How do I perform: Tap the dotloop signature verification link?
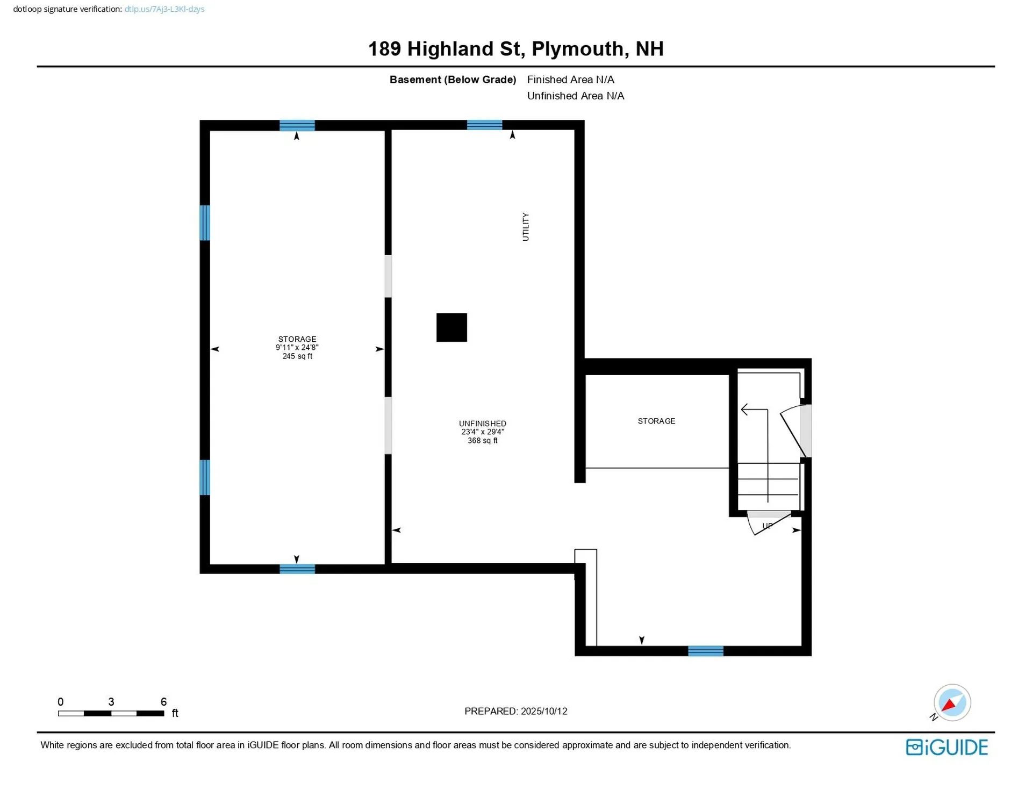pyautogui.click(x=164, y=9)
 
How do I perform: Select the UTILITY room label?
pyautogui.click(x=526, y=227)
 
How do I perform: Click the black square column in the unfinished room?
pyautogui.click(x=451, y=327)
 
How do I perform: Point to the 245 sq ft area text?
pyautogui.click(x=297, y=356)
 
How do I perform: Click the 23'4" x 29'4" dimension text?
pyautogui.click(x=482, y=432)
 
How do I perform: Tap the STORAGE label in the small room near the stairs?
pyautogui.click(x=656, y=421)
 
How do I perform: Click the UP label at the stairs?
pyautogui.click(x=767, y=526)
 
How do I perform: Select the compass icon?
pyautogui.click(x=951, y=702)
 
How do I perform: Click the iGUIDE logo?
pyautogui.click(x=947, y=747)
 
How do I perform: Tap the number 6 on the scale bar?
pyautogui.click(x=163, y=701)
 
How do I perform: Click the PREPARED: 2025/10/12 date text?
pyautogui.click(x=515, y=711)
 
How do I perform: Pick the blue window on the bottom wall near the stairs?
pyautogui.click(x=705, y=651)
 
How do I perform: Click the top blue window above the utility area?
pyautogui.click(x=484, y=125)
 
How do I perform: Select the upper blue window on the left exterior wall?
pyautogui.click(x=205, y=222)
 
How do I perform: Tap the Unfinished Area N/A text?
pyautogui.click(x=575, y=96)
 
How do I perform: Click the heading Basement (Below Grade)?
pyautogui.click(x=453, y=80)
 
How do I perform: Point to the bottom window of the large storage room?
pyautogui.click(x=297, y=569)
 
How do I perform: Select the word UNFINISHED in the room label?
pyautogui.click(x=482, y=423)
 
